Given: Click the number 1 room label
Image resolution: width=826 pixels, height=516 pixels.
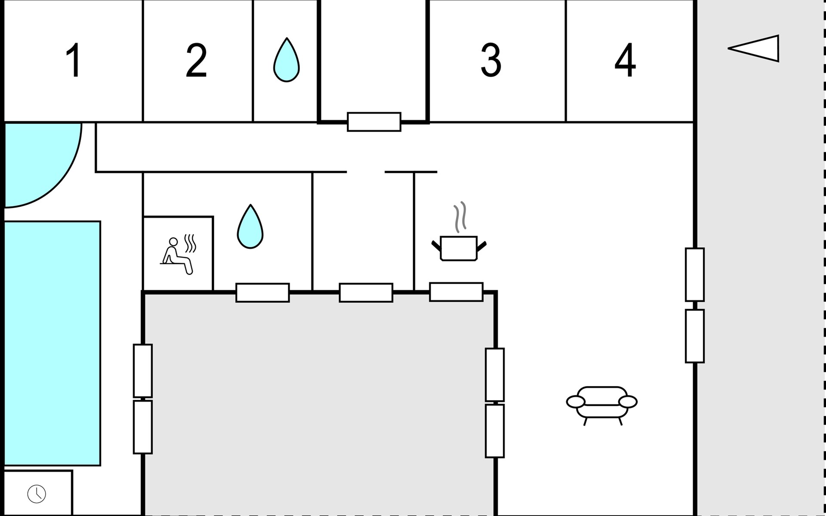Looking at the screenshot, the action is (74, 60).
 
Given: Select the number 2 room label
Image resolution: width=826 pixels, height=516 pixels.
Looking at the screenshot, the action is (196, 60).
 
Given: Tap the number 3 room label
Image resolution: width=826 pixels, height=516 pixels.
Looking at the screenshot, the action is (491, 60).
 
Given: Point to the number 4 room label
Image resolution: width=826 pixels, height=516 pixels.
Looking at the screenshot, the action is (625, 60).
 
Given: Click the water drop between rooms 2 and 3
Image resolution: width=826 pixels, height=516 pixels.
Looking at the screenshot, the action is (287, 60).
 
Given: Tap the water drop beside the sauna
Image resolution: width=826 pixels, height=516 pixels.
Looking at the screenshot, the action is (250, 227).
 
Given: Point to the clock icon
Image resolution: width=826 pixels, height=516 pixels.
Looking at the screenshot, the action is (37, 494).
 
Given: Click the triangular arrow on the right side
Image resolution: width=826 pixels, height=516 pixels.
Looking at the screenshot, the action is (754, 49).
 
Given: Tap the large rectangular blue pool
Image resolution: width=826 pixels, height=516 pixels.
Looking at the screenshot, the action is (52, 343).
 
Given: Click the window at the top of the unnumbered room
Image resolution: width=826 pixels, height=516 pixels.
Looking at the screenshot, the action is (374, 122).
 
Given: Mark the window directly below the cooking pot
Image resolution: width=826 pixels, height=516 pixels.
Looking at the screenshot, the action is (456, 292).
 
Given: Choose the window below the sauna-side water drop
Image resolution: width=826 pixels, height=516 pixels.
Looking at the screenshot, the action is (262, 292).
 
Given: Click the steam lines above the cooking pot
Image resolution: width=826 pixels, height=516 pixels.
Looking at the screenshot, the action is (460, 217).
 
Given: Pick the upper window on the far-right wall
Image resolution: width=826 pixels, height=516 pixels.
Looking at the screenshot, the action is (695, 274).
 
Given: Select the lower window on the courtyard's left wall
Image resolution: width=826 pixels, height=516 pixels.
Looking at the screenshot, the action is (143, 427).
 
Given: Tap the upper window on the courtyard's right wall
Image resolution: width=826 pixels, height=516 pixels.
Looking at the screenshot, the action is (495, 375).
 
